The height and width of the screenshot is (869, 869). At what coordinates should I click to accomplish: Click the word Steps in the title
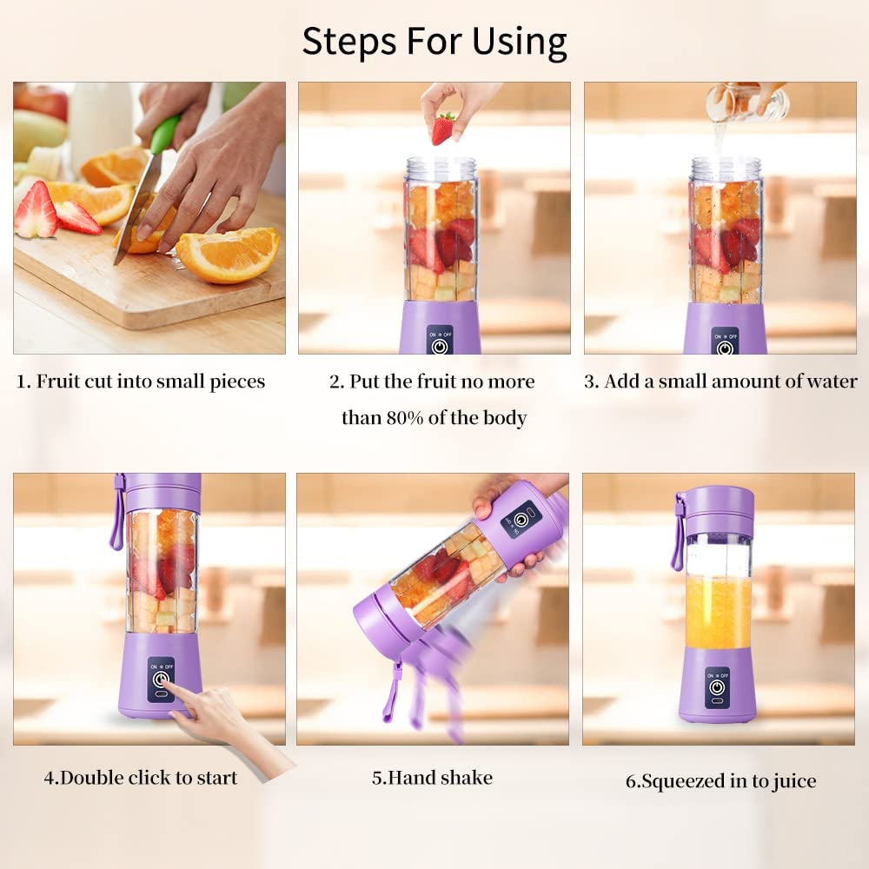point(346,41)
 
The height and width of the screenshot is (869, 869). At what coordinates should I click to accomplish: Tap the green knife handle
point(163,135)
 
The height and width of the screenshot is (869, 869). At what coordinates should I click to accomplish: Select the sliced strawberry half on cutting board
point(36,211)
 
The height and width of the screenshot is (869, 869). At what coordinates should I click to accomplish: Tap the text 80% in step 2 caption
point(407,418)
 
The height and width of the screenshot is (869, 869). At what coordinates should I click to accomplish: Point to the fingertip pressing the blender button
point(167,686)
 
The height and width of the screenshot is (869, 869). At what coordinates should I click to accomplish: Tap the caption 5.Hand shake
point(432,777)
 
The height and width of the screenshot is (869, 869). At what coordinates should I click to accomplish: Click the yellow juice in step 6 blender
point(719,613)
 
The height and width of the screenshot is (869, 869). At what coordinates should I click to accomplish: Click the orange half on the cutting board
point(229,255)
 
